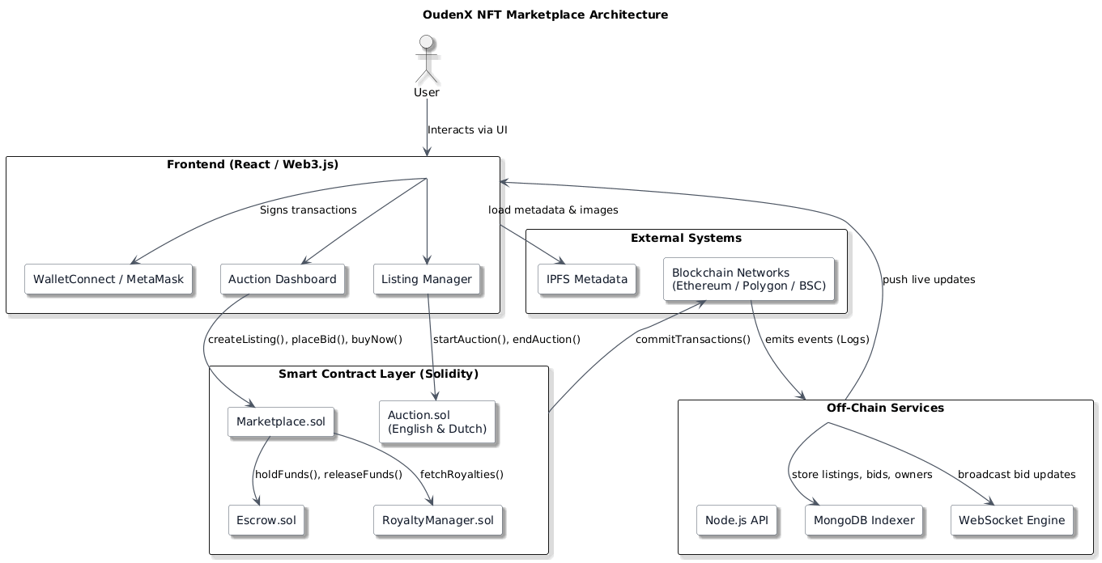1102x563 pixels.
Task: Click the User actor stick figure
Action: click(x=427, y=61)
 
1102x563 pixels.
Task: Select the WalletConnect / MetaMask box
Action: click(x=108, y=279)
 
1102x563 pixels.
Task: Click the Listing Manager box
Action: click(x=427, y=279)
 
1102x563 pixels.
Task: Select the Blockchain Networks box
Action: click(x=748, y=279)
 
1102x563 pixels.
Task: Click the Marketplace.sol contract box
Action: click(x=281, y=421)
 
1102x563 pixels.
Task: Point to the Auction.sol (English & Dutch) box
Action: click(x=436, y=421)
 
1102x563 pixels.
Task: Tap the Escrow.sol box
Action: click(x=266, y=520)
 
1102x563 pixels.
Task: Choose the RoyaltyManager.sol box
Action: click(x=438, y=520)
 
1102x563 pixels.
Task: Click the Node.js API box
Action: click(x=736, y=520)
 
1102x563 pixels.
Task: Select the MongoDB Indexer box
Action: click(x=864, y=520)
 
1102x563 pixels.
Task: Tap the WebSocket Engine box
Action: click(x=1012, y=520)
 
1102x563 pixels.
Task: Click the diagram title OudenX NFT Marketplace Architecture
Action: click(x=545, y=15)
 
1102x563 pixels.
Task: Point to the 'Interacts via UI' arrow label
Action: click(x=467, y=129)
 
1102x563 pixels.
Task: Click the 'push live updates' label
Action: click(x=929, y=279)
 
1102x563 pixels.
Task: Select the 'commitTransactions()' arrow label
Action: click(x=693, y=339)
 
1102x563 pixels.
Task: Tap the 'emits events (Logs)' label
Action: click(x=817, y=339)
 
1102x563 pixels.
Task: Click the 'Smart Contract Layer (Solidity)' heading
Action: click(x=378, y=374)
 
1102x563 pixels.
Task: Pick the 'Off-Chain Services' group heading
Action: click(x=885, y=408)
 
